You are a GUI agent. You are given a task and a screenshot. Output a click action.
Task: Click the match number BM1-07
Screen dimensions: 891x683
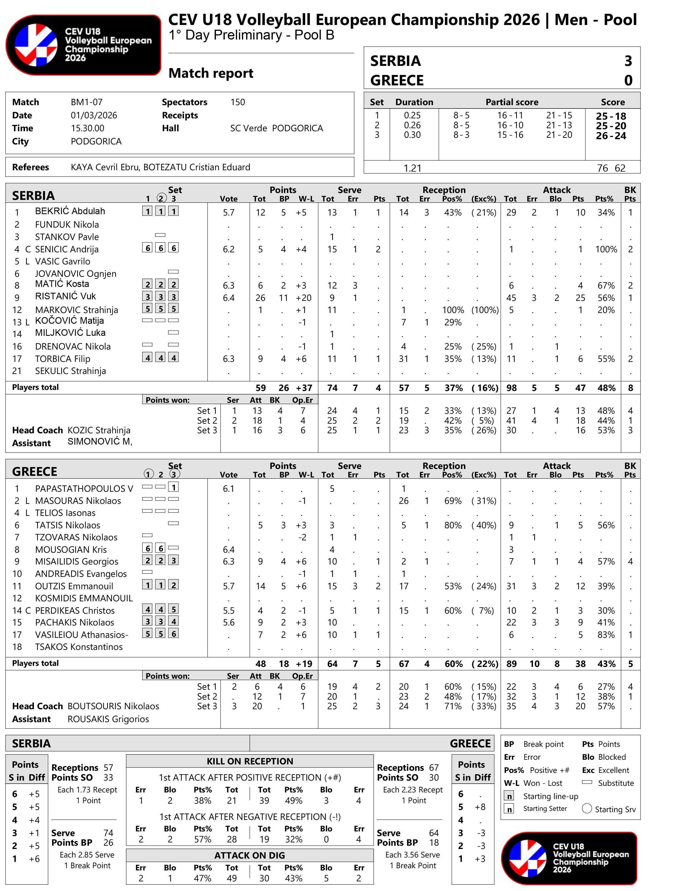[86, 102]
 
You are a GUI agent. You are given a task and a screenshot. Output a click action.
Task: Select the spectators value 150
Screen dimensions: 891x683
[238, 102]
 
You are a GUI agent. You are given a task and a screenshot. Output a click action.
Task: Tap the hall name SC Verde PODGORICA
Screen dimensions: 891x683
[276, 128]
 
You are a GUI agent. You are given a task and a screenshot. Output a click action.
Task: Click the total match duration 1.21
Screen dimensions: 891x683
[412, 168]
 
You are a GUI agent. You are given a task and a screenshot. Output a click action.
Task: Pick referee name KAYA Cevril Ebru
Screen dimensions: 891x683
[105, 167]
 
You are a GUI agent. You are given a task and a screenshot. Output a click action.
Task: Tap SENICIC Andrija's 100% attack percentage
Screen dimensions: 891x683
[606, 249]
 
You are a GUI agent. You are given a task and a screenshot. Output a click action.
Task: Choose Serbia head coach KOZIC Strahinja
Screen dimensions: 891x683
[99, 430]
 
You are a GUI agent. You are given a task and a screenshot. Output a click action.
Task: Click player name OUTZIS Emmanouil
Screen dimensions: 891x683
[74, 586]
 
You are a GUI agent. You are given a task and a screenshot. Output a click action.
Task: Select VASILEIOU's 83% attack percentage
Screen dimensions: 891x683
[606, 635]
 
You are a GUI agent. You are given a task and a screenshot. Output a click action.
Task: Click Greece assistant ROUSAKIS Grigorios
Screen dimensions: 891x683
[108, 719]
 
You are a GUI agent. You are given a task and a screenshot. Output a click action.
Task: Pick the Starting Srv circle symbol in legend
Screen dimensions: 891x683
[587, 808]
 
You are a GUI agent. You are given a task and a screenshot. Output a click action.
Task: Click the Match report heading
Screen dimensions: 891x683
[211, 73]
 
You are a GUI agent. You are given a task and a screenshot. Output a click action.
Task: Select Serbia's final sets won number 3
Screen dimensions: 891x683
[628, 61]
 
